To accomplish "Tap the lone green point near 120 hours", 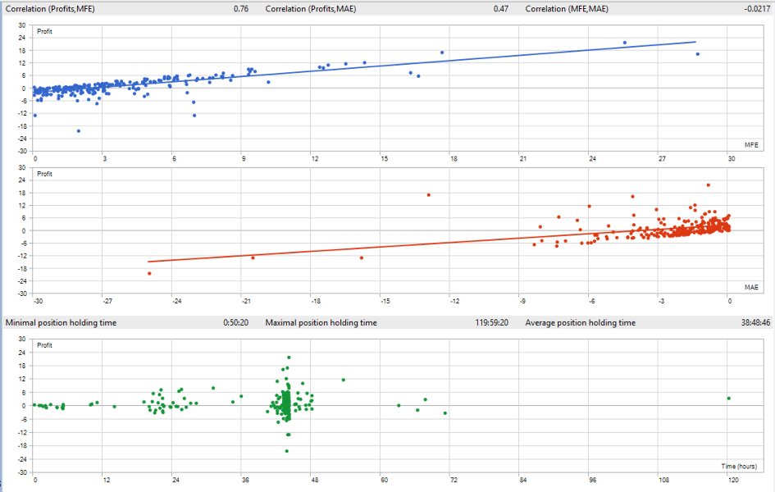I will pyautogui.click(x=728, y=399).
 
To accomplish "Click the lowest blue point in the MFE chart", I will pyautogui.click(x=79, y=131).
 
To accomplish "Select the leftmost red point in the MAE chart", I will pyautogui.click(x=149, y=273).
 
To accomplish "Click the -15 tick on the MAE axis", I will pyautogui.click(x=381, y=299).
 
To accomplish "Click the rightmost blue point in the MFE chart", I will pyautogui.click(x=697, y=54).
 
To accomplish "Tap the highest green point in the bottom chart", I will pyautogui.click(x=289, y=358).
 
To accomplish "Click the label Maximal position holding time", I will pyautogui.click(x=321, y=323).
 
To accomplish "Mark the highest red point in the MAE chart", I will pyautogui.click(x=708, y=184).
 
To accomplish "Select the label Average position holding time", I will pyautogui.click(x=581, y=323).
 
